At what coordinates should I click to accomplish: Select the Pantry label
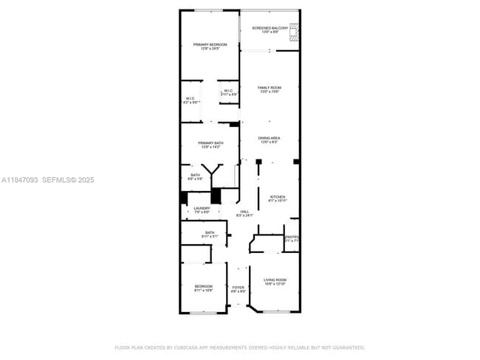pos(292,238)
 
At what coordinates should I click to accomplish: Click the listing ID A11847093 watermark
pos(19,179)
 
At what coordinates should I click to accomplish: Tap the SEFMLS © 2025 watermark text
pos(68,179)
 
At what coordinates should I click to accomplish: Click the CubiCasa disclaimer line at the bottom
pos(239,347)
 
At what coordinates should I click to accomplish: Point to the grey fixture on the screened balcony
pos(293,31)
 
